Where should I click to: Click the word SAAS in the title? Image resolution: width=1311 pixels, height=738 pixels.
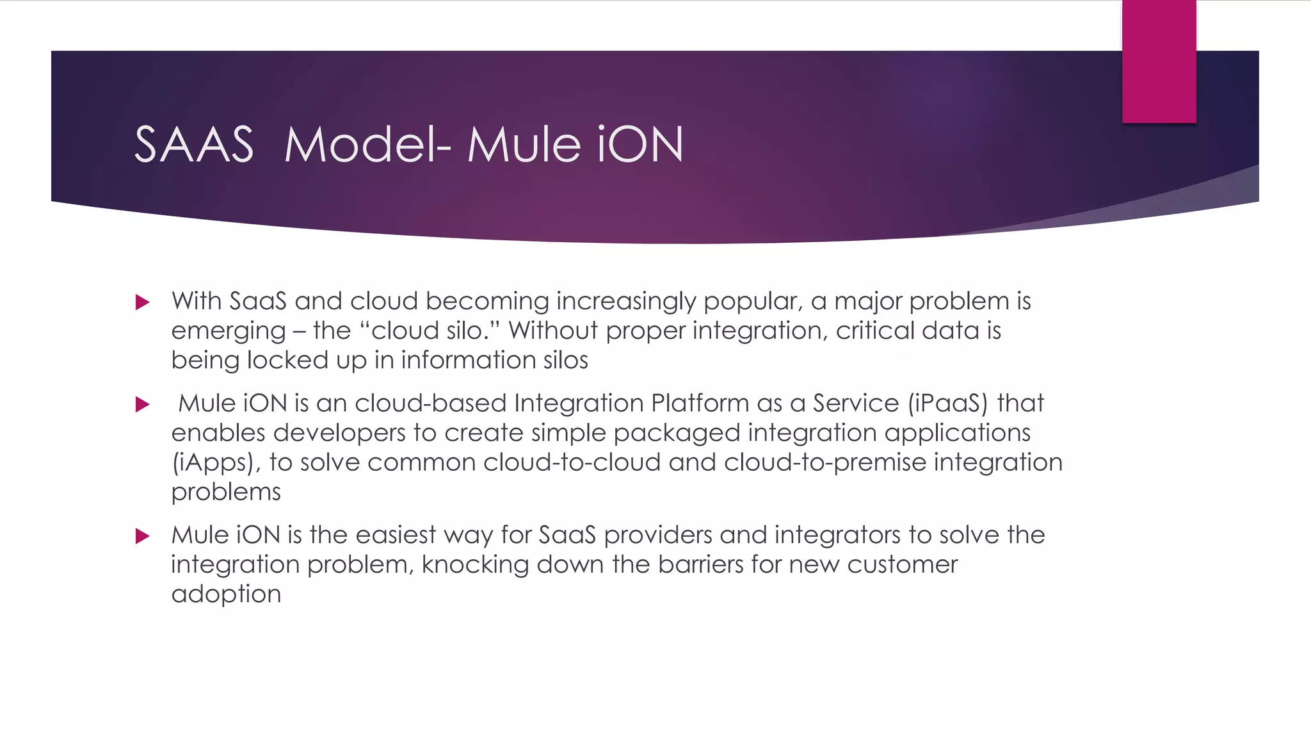[x=194, y=145]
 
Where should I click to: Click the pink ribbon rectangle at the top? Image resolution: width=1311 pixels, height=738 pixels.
[x=1159, y=61]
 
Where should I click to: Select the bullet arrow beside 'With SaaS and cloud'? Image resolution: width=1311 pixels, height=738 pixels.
[x=143, y=302]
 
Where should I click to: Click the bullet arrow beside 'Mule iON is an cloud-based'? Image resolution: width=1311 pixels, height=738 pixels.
[x=143, y=404]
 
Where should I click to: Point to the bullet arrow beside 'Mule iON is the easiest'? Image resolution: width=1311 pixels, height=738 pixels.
[x=143, y=536]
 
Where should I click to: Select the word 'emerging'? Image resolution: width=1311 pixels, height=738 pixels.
[x=228, y=331]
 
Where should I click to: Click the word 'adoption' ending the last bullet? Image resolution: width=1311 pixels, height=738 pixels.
[x=226, y=594]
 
